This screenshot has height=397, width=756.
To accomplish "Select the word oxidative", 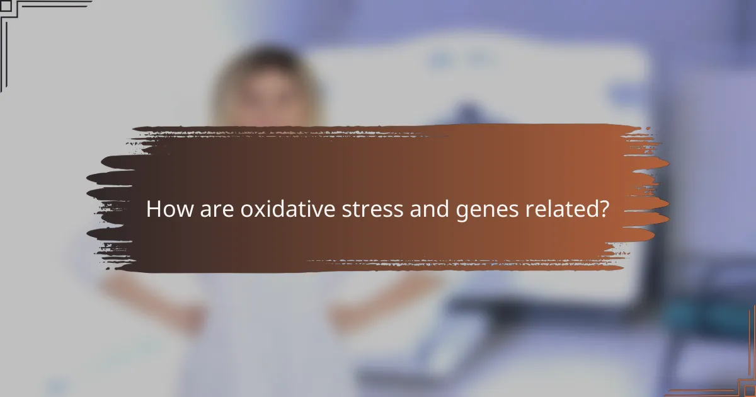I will pyautogui.click(x=287, y=209).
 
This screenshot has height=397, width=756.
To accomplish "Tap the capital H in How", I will pyautogui.click(x=154, y=209).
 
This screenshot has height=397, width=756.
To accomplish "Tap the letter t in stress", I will pyautogui.click(x=354, y=210).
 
